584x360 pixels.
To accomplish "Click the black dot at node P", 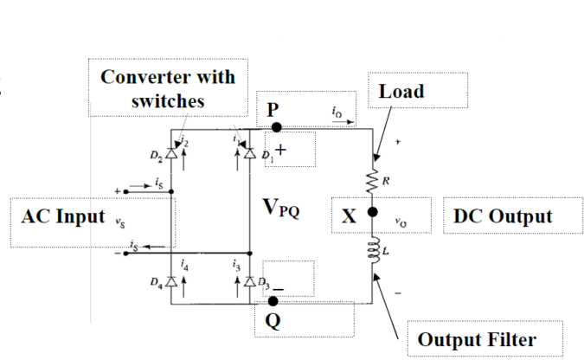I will (276, 126).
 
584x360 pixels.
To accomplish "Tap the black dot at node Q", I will (273, 301).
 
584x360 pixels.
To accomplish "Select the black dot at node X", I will (373, 212).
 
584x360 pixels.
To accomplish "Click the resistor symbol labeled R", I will (373, 181).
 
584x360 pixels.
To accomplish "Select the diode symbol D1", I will (249, 153).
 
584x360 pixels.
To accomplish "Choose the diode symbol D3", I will (249, 282).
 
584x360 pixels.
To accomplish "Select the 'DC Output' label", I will (501, 215).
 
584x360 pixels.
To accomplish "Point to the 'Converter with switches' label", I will (168, 87).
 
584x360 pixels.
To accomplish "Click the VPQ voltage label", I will (282, 209).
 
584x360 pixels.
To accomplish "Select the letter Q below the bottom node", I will (273, 322).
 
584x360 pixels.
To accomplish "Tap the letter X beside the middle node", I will (348, 215).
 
